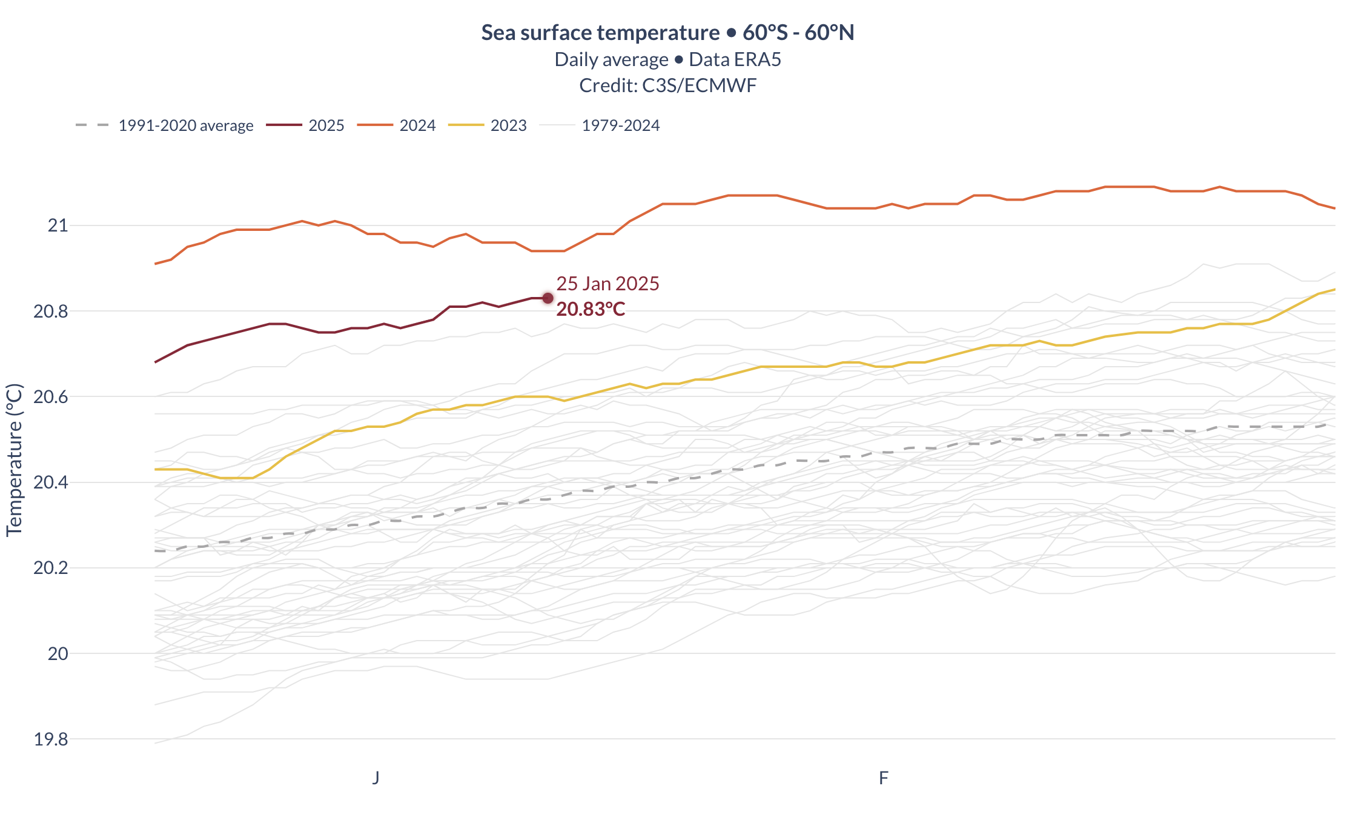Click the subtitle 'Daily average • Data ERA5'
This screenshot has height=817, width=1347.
[x=667, y=59]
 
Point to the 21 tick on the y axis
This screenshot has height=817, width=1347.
[x=58, y=225]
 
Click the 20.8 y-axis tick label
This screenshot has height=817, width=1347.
[x=51, y=312]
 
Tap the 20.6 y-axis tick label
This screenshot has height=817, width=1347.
[x=51, y=397]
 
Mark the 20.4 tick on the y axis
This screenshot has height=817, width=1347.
[x=51, y=482]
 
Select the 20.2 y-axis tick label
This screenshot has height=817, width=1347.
[x=51, y=568]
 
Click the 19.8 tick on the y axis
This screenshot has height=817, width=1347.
[x=51, y=739]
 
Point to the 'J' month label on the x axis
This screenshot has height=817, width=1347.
[x=376, y=778]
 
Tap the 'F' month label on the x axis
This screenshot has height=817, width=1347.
[x=884, y=778]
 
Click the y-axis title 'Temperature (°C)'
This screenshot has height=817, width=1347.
[x=14, y=460]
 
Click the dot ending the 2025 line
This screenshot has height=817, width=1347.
[x=548, y=298]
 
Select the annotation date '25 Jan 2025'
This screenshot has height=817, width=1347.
[x=607, y=284]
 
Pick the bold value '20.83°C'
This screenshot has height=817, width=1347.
[x=591, y=310]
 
